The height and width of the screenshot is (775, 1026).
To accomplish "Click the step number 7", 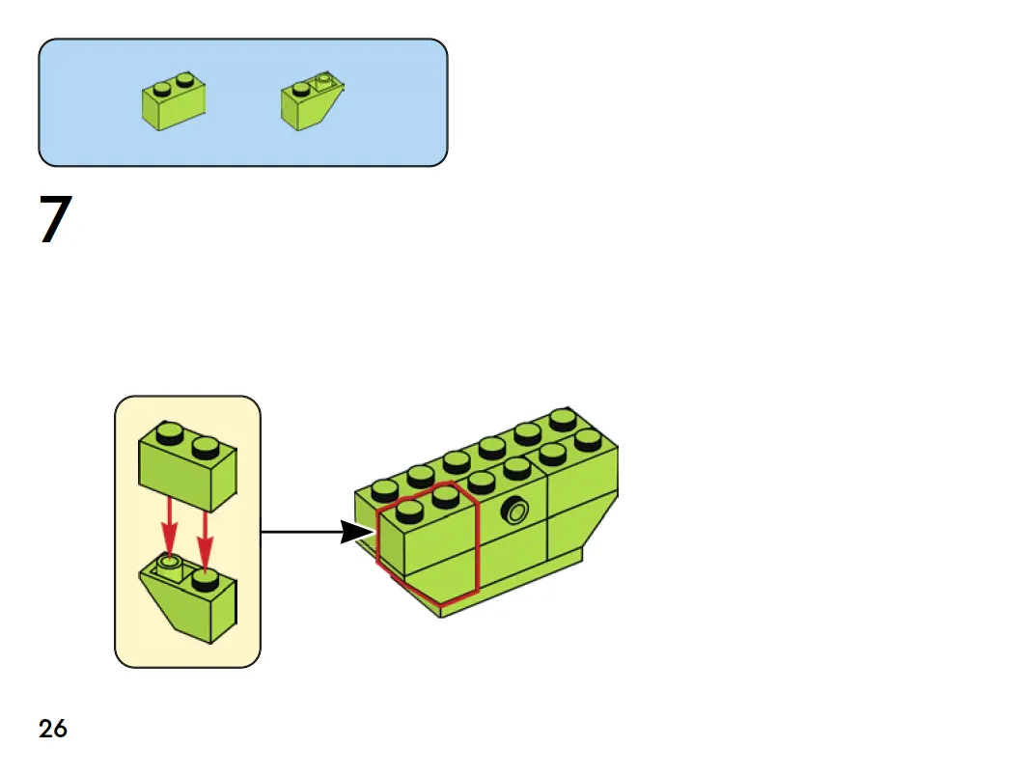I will [55, 220].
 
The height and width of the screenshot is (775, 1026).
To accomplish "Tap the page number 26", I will [53, 729].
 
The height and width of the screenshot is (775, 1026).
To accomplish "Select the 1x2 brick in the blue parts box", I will [174, 100].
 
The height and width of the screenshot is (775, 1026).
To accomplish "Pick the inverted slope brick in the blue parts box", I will [312, 102].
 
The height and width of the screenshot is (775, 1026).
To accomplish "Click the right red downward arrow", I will [205, 537].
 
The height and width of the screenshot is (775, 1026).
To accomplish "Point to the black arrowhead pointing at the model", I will [356, 531].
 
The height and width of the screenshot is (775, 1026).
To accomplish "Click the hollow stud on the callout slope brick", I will [170, 560].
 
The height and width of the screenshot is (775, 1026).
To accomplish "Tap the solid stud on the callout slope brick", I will [203, 579].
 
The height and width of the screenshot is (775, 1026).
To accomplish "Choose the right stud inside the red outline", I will [444, 496].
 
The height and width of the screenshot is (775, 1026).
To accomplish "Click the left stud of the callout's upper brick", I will [171, 433].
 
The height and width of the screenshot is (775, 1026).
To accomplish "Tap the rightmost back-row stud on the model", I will [563, 419].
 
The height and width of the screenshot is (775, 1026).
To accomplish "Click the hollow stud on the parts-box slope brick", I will [325, 80].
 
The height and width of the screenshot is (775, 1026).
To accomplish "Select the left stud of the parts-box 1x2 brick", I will [161, 87].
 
